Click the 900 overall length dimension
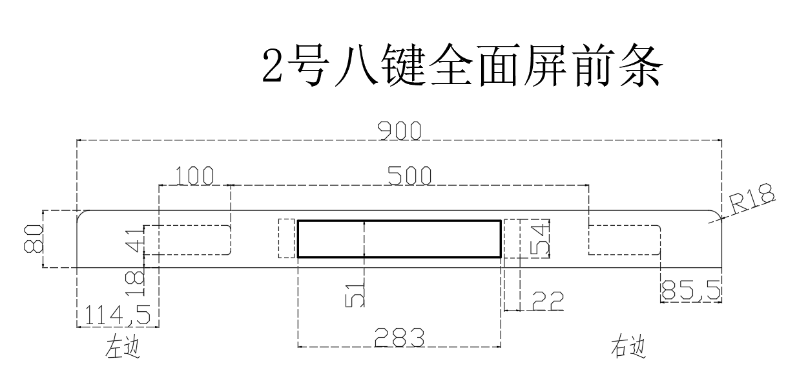(x=400, y=131)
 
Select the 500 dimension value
(x=409, y=175)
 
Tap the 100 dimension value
(x=194, y=175)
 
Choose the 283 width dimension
(x=400, y=337)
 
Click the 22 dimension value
(x=548, y=301)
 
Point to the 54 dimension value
(x=542, y=238)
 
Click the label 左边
(x=123, y=348)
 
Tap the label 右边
(x=628, y=347)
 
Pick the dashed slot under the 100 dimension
(x=187, y=239)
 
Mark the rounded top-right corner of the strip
(x=716, y=215)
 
